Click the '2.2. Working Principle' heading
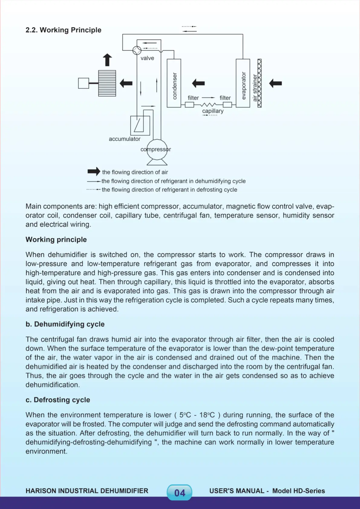63,30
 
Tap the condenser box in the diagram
174,83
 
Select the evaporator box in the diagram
243,83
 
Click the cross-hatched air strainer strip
259,83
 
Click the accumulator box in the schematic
140,125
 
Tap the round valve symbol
137,50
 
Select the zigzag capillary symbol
208,105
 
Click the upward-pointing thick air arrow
107,60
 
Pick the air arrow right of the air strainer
275,83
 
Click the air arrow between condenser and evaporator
198,83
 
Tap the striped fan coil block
107,83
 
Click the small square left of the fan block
83,83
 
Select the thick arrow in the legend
94,172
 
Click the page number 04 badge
180,493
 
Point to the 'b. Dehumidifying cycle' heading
65,324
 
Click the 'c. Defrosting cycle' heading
58,400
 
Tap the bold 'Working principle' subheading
56,239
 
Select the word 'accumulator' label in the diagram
125,139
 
